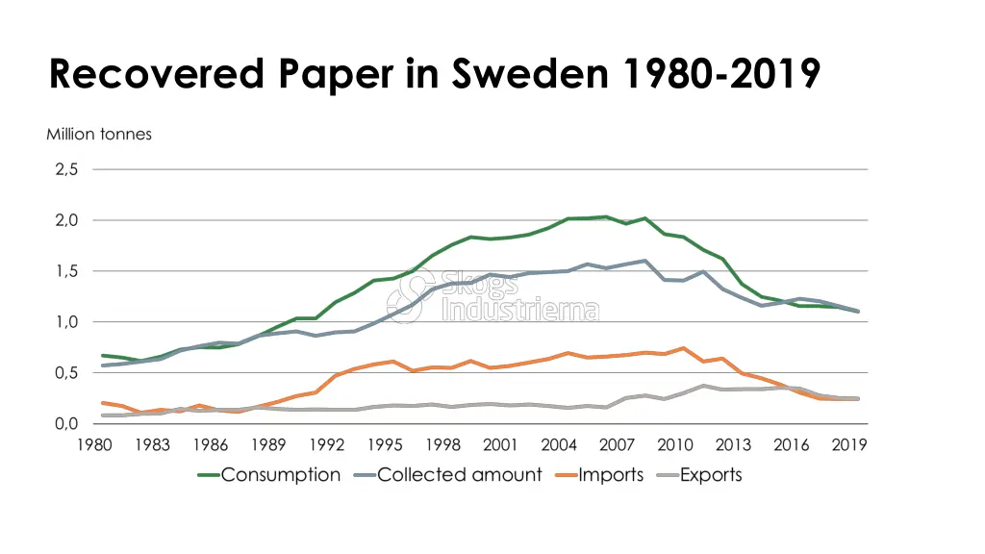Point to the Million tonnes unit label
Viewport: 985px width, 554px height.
(x=99, y=135)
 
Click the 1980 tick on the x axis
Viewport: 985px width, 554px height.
(x=93, y=445)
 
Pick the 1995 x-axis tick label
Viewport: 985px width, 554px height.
(x=385, y=445)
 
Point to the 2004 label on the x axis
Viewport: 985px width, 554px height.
(x=559, y=445)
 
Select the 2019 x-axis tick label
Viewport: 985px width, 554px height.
(x=849, y=445)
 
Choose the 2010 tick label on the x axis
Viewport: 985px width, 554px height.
(x=675, y=445)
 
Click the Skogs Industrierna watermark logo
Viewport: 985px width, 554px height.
(x=492, y=294)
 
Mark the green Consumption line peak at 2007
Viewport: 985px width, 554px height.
(x=605, y=216)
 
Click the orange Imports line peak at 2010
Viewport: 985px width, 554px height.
(x=683, y=348)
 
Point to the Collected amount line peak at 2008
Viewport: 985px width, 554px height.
(x=644, y=261)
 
